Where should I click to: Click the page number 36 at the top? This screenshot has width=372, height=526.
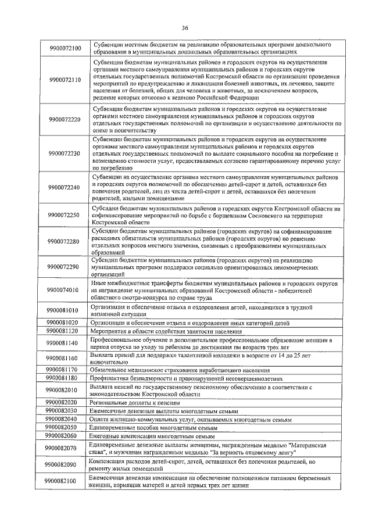pyautogui.click(x=185, y=27)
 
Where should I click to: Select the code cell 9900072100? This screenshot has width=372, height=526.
pyautogui.click(x=65, y=47)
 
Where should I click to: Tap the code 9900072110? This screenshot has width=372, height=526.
pyautogui.click(x=65, y=80)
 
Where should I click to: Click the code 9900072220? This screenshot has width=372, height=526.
pyautogui.click(x=65, y=119)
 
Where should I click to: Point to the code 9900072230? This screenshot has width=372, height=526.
pyautogui.click(x=65, y=153)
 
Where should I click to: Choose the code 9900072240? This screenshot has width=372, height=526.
pyautogui.click(x=65, y=187)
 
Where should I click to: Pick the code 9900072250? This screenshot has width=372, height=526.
pyautogui.click(x=65, y=215)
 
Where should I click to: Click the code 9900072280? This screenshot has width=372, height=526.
pyautogui.click(x=65, y=241)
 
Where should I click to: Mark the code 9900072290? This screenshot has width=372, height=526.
pyautogui.click(x=65, y=267)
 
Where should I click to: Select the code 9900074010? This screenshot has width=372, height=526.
pyautogui.click(x=65, y=290)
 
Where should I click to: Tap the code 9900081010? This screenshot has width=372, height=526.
pyautogui.click(x=65, y=310)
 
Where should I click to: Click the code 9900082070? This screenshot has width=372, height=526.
pyautogui.click(x=65, y=448)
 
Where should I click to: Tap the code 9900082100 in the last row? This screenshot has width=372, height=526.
pyautogui.click(x=65, y=481)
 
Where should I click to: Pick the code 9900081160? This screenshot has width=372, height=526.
pyautogui.click(x=65, y=357)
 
